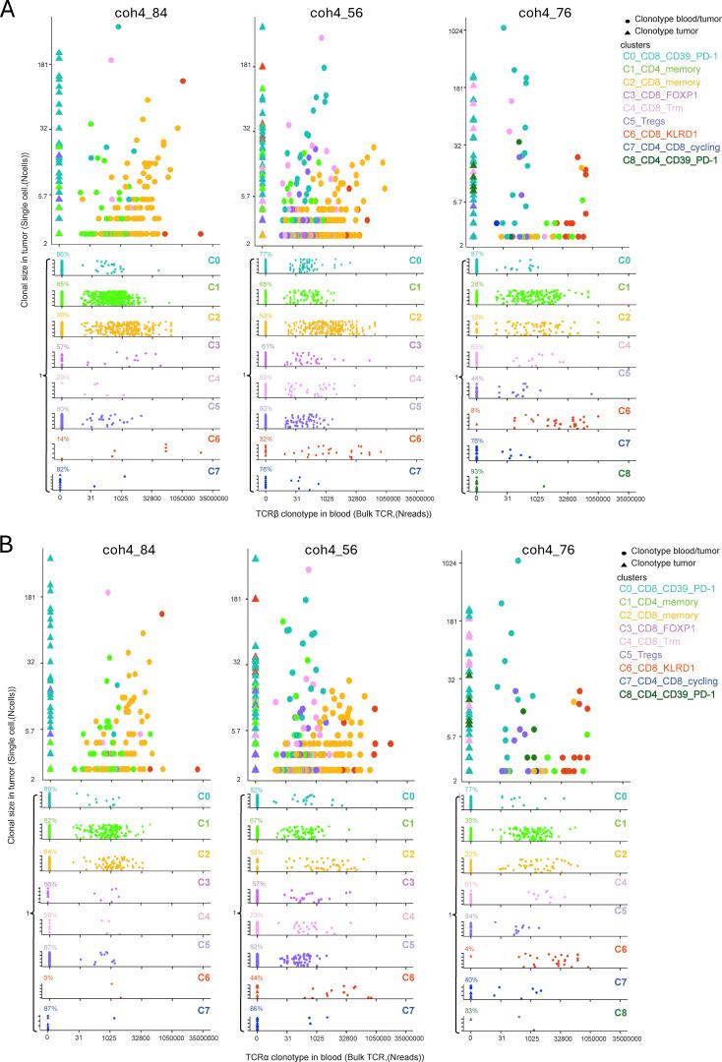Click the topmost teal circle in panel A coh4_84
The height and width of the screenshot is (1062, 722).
(x=119, y=27)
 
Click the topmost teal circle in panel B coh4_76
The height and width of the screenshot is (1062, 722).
(x=518, y=560)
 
